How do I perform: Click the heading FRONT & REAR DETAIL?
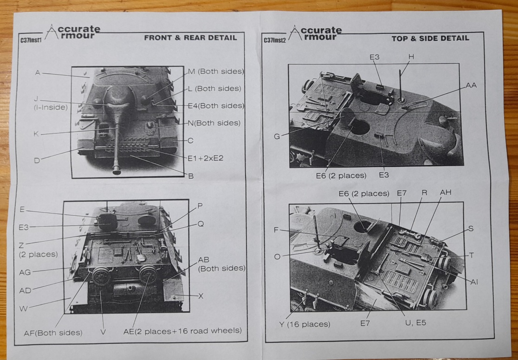click(x=190, y=38)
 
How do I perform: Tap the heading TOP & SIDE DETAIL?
click(x=430, y=39)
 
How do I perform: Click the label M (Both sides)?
click(x=216, y=71)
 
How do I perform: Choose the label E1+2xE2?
click(x=209, y=158)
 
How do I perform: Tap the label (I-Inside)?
click(x=50, y=107)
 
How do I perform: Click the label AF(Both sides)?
click(x=53, y=332)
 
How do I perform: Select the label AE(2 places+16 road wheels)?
click(x=182, y=331)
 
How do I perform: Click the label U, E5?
click(x=416, y=323)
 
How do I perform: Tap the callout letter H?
click(x=411, y=57)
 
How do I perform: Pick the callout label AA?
click(x=471, y=85)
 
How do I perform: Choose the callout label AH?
click(x=445, y=193)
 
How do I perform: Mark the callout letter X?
click(x=201, y=296)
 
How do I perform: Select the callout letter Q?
click(x=201, y=224)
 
